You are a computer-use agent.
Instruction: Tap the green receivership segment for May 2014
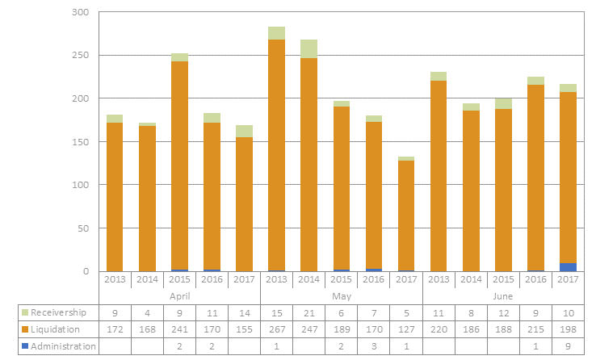(x=308, y=48)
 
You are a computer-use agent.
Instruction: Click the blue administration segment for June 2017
(x=567, y=267)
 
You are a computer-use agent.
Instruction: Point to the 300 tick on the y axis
(x=81, y=13)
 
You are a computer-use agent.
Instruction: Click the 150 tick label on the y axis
(x=81, y=142)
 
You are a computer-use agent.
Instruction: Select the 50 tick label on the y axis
(x=84, y=228)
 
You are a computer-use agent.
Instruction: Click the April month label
(x=179, y=296)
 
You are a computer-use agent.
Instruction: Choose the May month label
(x=341, y=296)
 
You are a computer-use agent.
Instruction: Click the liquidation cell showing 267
(x=276, y=329)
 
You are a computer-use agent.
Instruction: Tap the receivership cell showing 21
(x=308, y=312)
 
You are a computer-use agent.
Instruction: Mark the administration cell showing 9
(x=567, y=346)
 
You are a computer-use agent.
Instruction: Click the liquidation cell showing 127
(x=405, y=329)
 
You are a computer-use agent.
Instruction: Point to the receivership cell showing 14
(x=244, y=312)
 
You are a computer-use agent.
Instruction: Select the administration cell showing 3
(x=373, y=346)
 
